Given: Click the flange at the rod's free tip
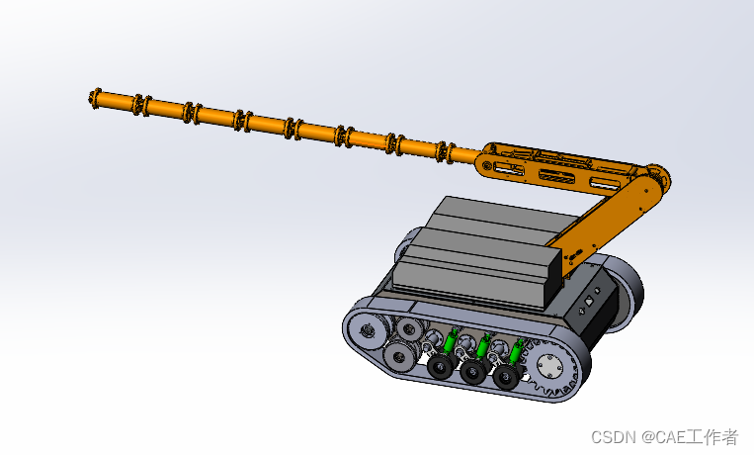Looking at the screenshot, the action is [95, 99].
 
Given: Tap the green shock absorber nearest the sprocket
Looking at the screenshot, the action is [517, 350].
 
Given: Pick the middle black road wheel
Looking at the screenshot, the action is [472, 372].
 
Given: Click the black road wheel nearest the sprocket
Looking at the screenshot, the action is [505, 377].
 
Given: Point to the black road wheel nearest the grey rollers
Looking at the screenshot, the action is [440, 367].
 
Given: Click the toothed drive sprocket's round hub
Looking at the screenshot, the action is [549, 367].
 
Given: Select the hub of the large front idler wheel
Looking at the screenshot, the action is [368, 330].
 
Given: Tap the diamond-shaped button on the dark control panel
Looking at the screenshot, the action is [589, 302].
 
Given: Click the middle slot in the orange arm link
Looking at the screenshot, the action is [556, 176].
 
